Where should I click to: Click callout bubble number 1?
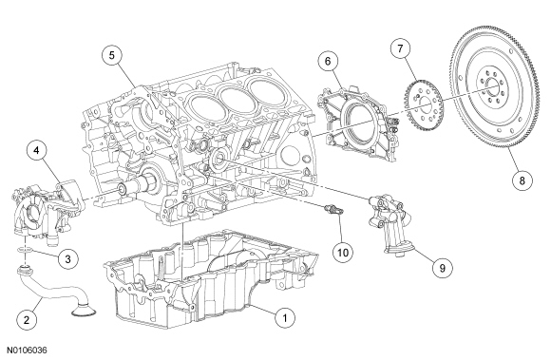[285, 318]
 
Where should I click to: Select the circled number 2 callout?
[27, 320]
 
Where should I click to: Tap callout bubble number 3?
[67, 259]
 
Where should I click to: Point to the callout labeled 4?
[36, 150]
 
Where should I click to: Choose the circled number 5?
[112, 55]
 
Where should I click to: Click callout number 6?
[328, 61]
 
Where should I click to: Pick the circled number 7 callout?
[401, 48]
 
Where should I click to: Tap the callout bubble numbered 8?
[522, 180]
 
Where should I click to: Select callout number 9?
[443, 268]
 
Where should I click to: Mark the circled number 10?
[343, 252]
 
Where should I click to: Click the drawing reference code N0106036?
[27, 351]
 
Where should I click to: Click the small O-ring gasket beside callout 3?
[26, 250]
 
